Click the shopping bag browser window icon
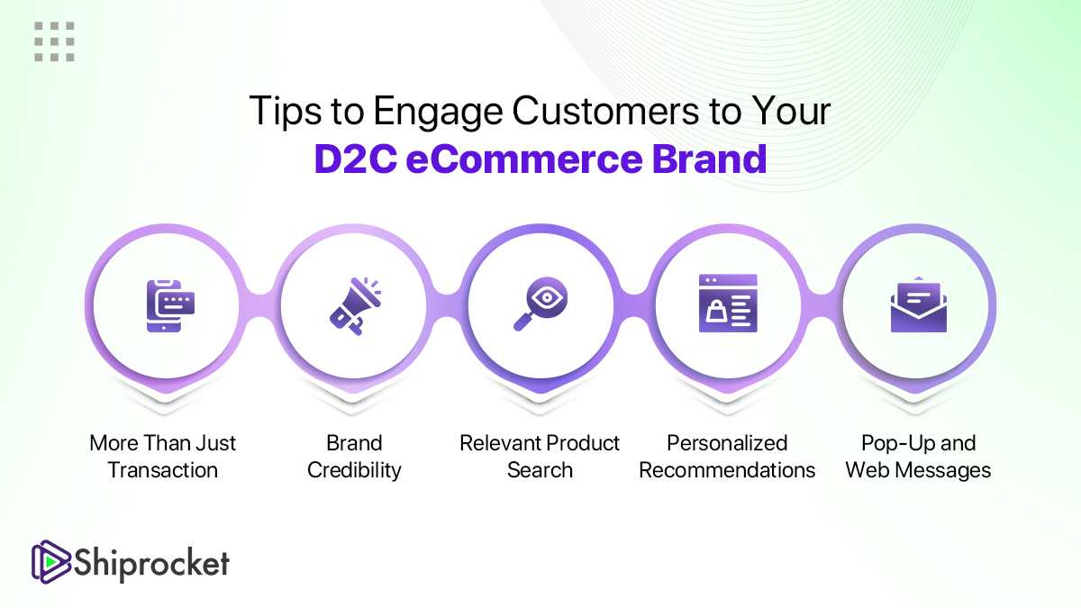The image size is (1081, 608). click(x=728, y=304)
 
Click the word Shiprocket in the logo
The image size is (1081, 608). click(x=152, y=563)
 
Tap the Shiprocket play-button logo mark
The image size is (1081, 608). click(x=50, y=562)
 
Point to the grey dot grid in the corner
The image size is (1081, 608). click(x=54, y=41)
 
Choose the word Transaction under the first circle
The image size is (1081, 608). click(x=163, y=470)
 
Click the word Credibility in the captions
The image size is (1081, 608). click(x=354, y=470)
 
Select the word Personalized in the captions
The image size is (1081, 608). click(x=727, y=443)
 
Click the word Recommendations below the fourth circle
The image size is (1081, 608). click(x=727, y=470)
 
